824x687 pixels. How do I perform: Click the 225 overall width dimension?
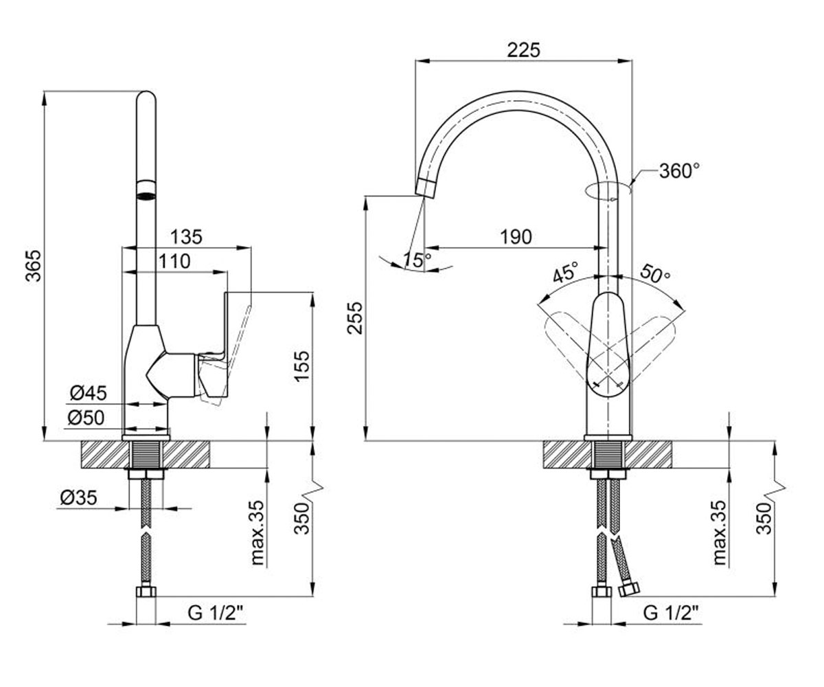point(523,51)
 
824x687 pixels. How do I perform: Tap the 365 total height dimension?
point(34,265)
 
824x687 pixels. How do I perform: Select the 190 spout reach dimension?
point(516,237)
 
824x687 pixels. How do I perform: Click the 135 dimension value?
point(186,237)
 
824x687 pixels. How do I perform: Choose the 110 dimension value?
point(174,261)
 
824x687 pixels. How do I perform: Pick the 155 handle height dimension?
point(303,365)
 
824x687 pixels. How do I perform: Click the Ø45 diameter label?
point(89,393)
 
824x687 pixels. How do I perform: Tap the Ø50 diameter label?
point(86,418)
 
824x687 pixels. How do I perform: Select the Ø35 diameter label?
point(78,498)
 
